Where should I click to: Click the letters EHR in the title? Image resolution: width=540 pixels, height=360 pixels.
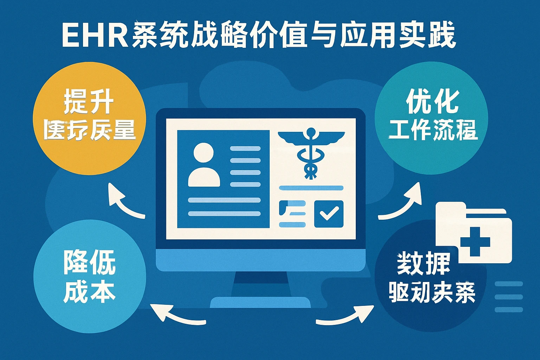pos(95,35)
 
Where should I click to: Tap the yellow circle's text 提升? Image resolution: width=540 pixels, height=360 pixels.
pos(88,102)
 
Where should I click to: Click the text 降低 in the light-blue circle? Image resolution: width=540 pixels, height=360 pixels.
pos(90,262)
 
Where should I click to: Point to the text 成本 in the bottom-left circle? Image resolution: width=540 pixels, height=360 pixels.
pos(90,291)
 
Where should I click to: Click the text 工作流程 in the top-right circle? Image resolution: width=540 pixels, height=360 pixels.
pos(433,130)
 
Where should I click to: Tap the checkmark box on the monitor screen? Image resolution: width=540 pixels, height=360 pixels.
pos(329,214)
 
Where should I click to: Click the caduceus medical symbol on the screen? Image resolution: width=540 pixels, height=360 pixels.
pos(311,151)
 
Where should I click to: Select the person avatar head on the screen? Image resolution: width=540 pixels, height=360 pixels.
pos(204,153)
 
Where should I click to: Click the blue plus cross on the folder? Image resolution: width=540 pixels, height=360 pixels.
pos(475,242)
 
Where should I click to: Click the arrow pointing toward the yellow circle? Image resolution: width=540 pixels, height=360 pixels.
pos(123,202)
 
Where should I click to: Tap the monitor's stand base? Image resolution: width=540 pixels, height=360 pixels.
pos(260,302)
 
